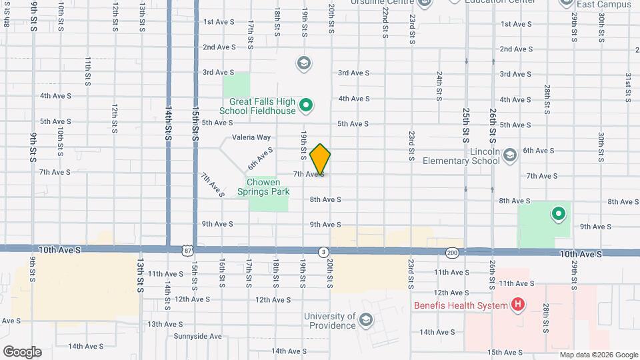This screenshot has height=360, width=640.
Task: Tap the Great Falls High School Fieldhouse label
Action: point(258,106)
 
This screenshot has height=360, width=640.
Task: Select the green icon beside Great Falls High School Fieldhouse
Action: point(306,105)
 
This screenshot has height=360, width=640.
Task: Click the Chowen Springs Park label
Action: point(268,187)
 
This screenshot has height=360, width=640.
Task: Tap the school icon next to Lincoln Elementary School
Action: point(510,155)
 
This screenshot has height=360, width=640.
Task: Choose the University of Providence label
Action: point(329,321)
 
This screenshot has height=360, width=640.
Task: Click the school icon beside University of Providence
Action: point(365,321)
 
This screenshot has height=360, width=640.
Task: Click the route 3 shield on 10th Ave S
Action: point(323,251)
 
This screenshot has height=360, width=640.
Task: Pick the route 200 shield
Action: point(452,252)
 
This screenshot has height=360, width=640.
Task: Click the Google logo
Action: point(21,351)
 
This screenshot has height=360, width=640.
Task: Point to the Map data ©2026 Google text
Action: point(598,355)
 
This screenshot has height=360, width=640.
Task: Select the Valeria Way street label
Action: point(251,137)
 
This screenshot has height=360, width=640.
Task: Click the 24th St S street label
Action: point(439,86)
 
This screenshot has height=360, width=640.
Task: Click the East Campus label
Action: point(605,5)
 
